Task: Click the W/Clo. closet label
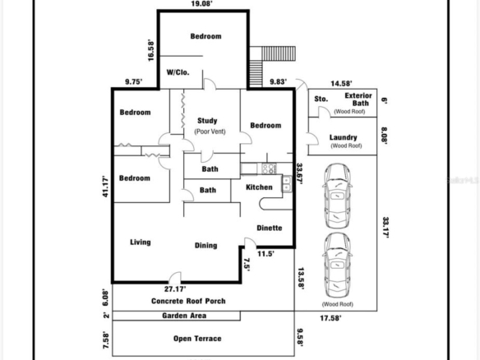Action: [x=178, y=72]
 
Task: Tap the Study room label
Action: [x=207, y=121]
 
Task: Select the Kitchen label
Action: [x=259, y=187]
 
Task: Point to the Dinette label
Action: [x=270, y=228]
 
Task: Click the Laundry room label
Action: [x=344, y=137]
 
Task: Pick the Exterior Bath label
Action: [x=358, y=99]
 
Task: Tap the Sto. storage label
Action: [x=321, y=99]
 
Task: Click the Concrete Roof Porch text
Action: [x=188, y=301]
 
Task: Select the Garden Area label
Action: [x=184, y=316]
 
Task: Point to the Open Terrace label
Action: [x=197, y=339]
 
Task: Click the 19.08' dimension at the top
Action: [x=201, y=3]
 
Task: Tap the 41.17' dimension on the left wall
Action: [x=105, y=186]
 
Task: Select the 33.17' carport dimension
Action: [x=385, y=227]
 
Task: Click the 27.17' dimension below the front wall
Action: [x=175, y=289]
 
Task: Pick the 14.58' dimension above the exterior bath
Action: [x=341, y=83]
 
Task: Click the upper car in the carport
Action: [x=337, y=196]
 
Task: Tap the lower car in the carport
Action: [x=337, y=265]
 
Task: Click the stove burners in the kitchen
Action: [x=269, y=168]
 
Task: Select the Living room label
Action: [x=141, y=242]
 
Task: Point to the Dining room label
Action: [x=206, y=245]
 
